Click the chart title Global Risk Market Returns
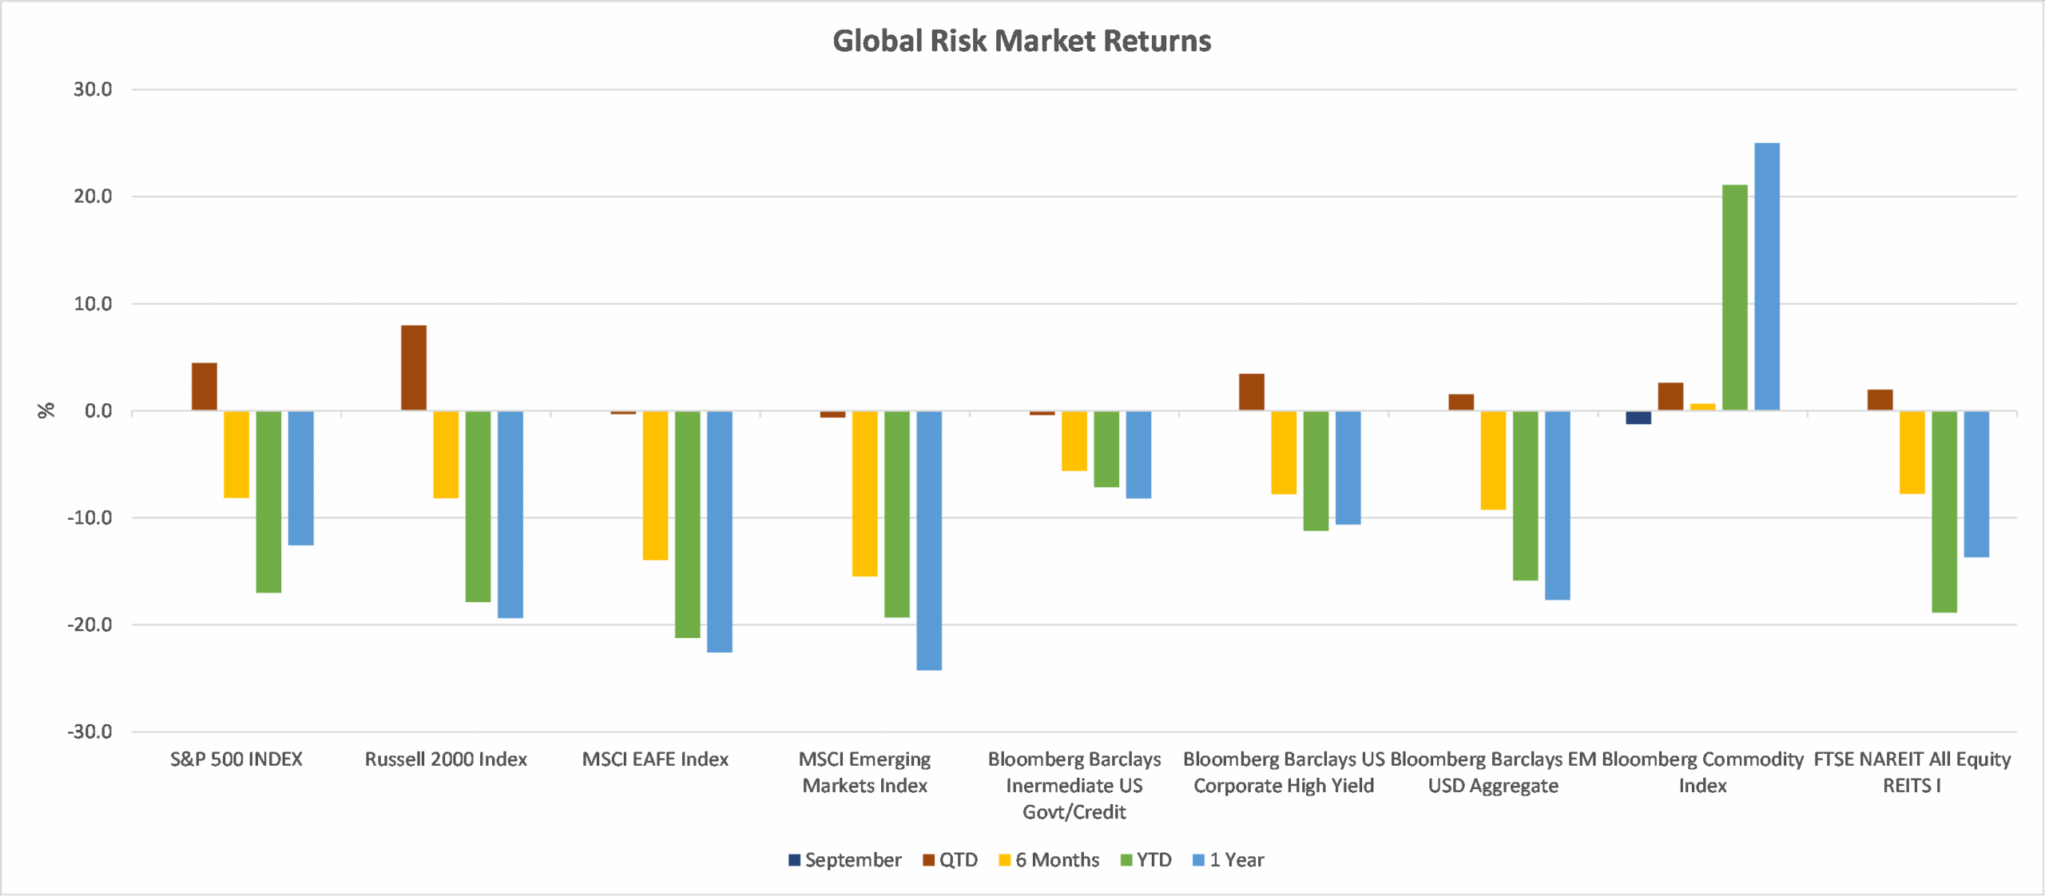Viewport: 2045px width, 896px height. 1022,41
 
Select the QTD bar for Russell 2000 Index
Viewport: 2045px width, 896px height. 414,367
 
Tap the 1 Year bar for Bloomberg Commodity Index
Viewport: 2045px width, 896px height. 1766,276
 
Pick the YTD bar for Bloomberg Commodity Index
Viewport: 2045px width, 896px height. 1734,297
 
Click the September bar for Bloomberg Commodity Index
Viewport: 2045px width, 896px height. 1638,418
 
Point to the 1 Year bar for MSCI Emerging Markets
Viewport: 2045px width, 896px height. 929,540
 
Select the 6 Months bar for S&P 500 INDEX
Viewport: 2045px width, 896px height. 236,454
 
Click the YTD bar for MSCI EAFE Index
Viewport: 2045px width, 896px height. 688,524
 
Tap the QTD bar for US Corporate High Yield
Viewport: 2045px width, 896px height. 1252,392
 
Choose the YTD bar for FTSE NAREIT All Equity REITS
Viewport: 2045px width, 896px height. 1944,511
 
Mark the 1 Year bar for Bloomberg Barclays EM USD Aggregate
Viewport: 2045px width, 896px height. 1557,505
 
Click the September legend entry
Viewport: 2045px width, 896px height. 844,860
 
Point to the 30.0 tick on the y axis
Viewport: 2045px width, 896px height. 93,89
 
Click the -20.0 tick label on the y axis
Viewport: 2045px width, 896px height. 89,624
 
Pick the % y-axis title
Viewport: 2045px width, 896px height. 46,410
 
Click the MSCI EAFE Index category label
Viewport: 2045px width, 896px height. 655,759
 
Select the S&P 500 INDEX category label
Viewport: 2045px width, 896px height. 236,759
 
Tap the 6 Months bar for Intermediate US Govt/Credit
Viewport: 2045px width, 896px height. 1074,441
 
